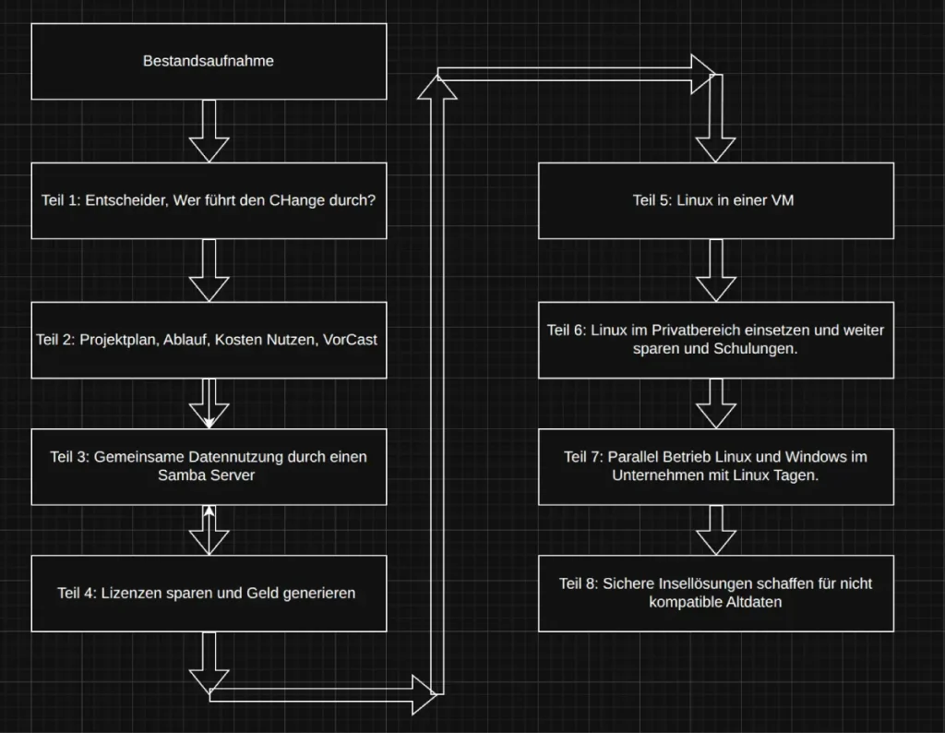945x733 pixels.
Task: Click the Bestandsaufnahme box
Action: pos(209,61)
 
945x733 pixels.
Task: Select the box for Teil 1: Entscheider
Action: pos(209,200)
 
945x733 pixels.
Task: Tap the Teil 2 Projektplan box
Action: pos(209,340)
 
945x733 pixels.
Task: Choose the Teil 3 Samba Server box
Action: pos(209,466)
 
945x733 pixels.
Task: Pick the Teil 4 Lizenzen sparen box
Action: pos(209,593)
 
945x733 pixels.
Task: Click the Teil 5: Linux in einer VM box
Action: pos(715,200)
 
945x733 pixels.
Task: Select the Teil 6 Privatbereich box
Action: pos(715,340)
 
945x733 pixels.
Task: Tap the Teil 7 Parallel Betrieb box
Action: pos(715,466)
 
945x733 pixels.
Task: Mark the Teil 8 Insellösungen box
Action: pos(715,593)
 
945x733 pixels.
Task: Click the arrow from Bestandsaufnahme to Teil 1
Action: pos(209,131)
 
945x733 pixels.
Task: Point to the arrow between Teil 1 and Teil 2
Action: pos(209,270)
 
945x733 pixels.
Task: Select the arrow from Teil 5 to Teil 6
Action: pos(715,270)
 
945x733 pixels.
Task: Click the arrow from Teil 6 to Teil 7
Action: pos(715,403)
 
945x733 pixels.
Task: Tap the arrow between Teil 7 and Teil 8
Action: pos(715,529)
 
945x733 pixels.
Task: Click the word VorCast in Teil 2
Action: pos(351,340)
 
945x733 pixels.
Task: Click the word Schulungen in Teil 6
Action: pos(750,350)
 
